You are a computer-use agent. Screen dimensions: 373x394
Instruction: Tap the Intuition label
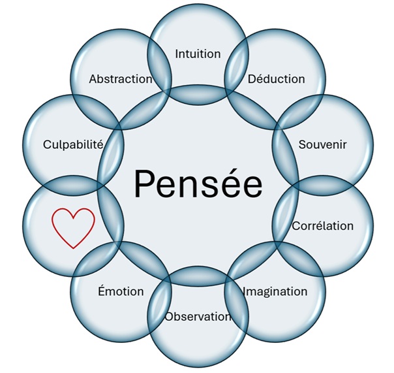(198, 54)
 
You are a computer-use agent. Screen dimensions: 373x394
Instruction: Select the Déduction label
(276, 79)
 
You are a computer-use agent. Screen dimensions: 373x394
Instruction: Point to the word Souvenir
(322, 143)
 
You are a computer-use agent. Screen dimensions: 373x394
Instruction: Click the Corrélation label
(322, 226)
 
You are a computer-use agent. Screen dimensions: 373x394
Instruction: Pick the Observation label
(198, 317)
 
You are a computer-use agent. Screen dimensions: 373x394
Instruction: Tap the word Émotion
(120, 291)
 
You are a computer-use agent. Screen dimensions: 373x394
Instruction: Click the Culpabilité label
(73, 144)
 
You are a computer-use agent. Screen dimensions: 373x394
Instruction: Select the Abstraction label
(121, 79)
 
